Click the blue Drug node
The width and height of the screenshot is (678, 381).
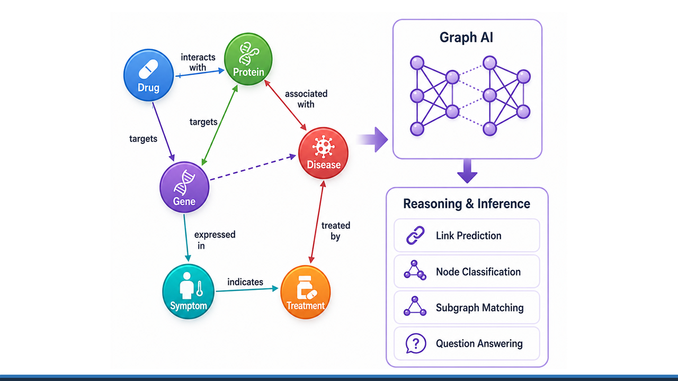[149, 75]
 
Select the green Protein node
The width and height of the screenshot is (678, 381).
[248, 59]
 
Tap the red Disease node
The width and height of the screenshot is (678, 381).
[323, 153]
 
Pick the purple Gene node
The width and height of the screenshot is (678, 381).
[184, 187]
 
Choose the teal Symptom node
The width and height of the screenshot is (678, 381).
[188, 292]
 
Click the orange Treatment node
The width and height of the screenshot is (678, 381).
[306, 292]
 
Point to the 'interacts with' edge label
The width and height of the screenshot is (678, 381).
[198, 62]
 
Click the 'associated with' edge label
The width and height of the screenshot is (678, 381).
[306, 99]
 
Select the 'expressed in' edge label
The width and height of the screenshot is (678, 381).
[215, 240]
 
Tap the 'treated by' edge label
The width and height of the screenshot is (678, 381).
[336, 231]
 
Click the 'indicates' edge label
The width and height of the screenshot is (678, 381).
[245, 282]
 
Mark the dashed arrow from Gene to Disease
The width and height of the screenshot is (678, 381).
[253, 168]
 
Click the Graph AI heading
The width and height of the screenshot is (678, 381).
[467, 38]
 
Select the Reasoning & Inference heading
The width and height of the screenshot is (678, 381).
[467, 204]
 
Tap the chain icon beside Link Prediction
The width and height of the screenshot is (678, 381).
[415, 235]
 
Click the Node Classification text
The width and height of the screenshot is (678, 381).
[478, 272]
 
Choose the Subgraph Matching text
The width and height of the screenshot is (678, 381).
[480, 308]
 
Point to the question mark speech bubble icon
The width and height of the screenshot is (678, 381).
[416, 343]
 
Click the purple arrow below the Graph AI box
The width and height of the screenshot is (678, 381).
[467, 171]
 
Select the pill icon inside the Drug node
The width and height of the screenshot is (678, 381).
[148, 69]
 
